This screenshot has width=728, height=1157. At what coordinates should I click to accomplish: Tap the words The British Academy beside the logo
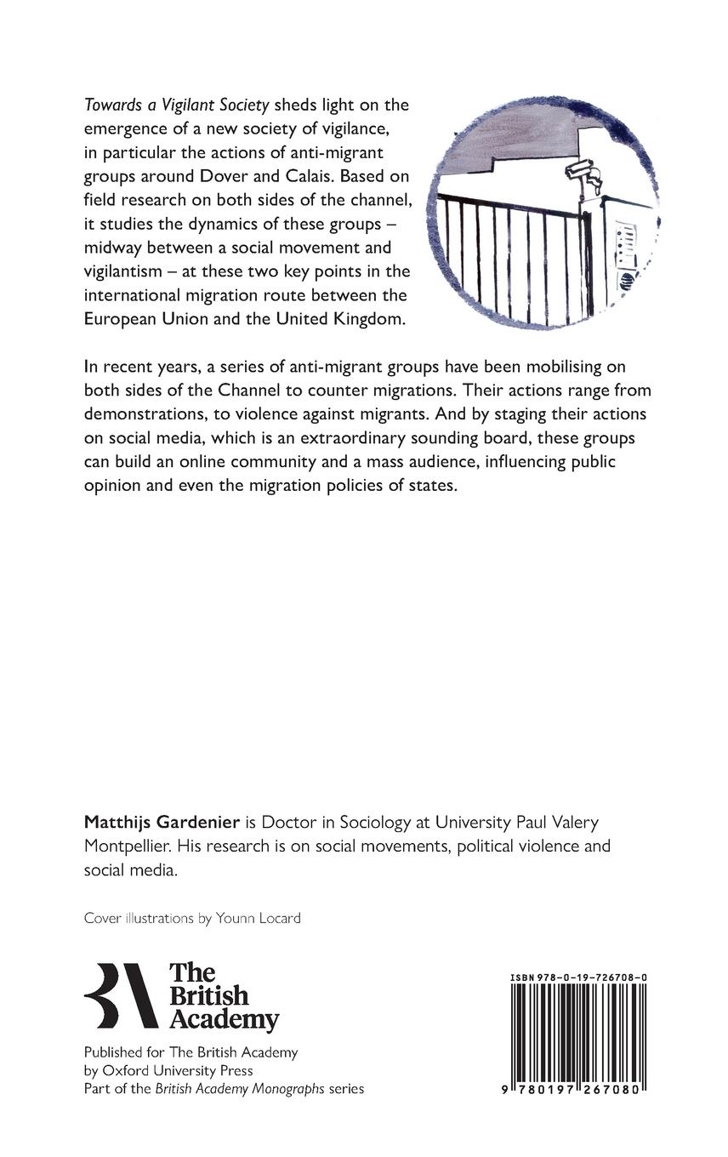coord(223,996)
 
